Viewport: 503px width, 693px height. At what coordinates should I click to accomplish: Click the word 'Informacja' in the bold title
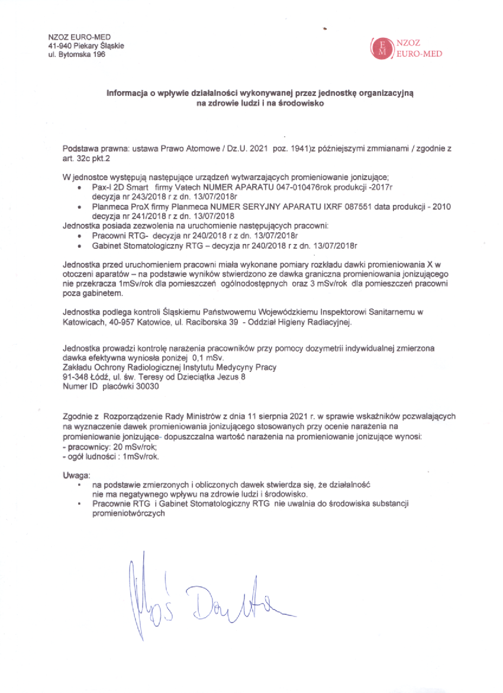click(x=126, y=94)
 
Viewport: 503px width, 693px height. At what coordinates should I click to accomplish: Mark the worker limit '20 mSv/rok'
click(x=128, y=448)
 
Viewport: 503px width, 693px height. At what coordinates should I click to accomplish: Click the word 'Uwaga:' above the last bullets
click(x=75, y=476)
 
